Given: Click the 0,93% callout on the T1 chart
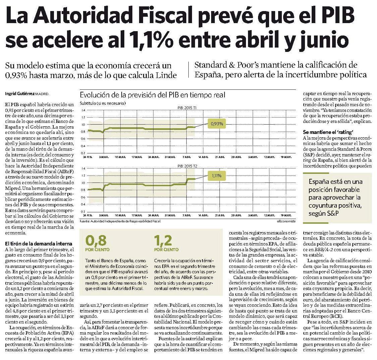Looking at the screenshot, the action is [x=217, y=124].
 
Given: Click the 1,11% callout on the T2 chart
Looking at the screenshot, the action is [x=216, y=176].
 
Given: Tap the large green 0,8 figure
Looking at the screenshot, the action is [x=96, y=240].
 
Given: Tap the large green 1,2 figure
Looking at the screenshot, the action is [x=163, y=240].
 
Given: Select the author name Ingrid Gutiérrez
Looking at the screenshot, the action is [x=20, y=94].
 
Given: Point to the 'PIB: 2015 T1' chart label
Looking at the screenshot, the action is [x=187, y=108].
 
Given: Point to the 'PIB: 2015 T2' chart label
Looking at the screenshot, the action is [x=187, y=166].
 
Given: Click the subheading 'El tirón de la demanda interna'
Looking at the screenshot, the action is [x=39, y=243].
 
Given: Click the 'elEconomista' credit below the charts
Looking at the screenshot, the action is [x=286, y=221].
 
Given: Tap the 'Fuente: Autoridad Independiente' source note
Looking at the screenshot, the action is [x=120, y=221].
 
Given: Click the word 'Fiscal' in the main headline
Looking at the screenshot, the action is [x=166, y=15].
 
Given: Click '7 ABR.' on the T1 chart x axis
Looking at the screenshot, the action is [x=187, y=157].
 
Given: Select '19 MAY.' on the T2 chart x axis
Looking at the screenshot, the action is [x=286, y=215].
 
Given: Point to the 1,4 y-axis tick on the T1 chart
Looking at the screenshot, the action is [x=83, y=110].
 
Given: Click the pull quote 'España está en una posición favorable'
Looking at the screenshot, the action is [x=335, y=197].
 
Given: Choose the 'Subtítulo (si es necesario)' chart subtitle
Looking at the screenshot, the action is [x=103, y=103].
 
